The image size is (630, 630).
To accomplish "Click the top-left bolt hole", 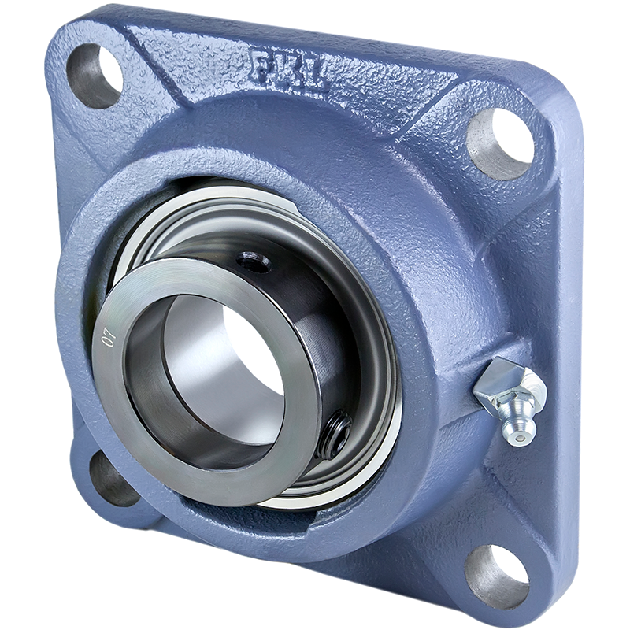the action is point(93,76).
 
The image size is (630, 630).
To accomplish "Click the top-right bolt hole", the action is point(500,143).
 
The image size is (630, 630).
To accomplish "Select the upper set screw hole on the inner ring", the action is point(253,263).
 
